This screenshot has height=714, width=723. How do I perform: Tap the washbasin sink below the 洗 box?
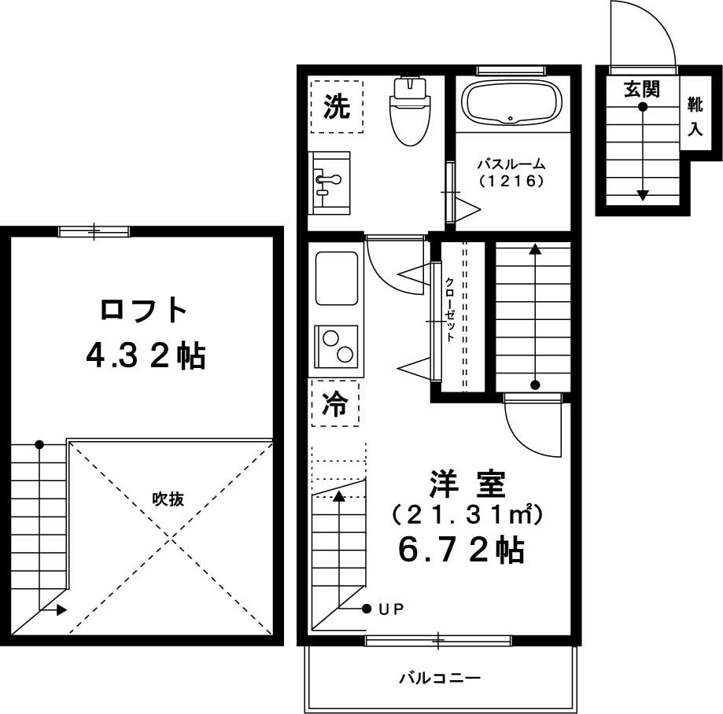pos(330,182)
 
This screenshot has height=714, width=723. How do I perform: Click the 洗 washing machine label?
pos(337,106)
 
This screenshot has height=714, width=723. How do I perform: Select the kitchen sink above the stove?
pos(337,278)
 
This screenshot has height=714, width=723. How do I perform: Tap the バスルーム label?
pos(511,164)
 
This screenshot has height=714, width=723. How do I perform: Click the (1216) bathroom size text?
pos(511,181)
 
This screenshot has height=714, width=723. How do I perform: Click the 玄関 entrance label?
pos(641,88)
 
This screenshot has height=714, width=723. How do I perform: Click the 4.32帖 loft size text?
pos(146,356)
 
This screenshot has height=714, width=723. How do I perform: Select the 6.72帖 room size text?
pos(461,550)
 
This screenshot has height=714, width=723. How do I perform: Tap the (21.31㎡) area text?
pos(467,515)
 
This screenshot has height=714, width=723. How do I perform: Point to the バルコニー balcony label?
pos(440,678)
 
